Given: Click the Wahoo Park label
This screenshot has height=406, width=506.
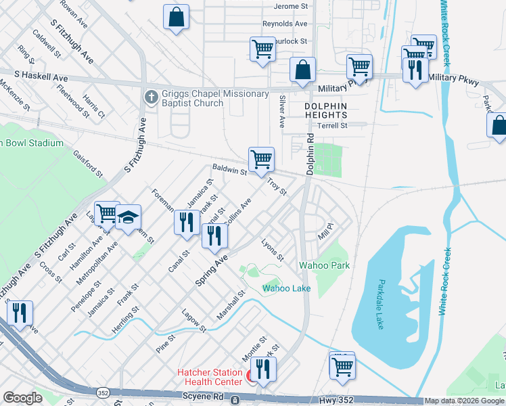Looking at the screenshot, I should click(325, 265).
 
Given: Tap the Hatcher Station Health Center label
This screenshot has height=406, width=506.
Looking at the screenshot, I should click(210, 378).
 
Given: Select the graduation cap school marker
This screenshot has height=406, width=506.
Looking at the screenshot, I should click(128, 218).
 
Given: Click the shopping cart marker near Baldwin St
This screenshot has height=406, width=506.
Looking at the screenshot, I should click(261, 160).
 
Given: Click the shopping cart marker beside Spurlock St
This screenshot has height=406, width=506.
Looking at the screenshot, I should click(262, 49).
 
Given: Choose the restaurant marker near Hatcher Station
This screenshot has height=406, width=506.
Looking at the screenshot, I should click(263, 369).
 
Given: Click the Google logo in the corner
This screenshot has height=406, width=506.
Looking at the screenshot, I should click(23, 398).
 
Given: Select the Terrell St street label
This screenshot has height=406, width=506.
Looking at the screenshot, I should click(333, 125).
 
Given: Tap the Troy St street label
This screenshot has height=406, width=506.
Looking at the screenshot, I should click(277, 186).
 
